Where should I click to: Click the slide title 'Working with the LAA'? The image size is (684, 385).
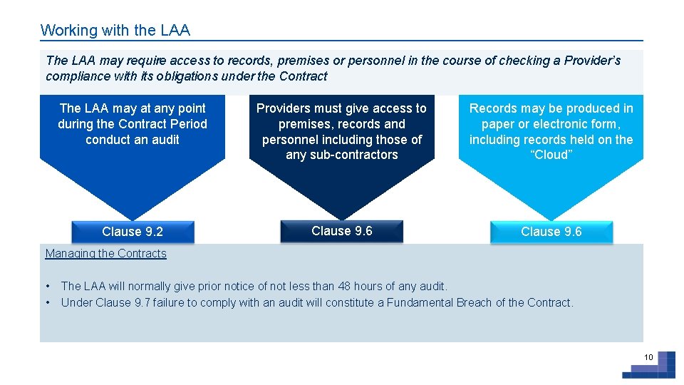click(x=115, y=31)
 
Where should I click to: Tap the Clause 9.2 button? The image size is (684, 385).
click(x=133, y=232)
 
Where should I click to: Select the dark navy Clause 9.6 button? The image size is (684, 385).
click(x=341, y=231)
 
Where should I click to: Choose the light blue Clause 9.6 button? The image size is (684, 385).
click(x=551, y=232)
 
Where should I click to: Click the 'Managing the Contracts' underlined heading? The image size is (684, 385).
click(x=105, y=254)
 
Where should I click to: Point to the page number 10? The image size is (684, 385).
click(x=648, y=357)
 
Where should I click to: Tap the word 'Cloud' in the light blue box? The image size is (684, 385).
click(x=551, y=155)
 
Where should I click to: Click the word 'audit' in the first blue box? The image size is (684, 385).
click(x=165, y=140)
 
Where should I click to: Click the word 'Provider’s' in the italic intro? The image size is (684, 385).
click(x=592, y=61)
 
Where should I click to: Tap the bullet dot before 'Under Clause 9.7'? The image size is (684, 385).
click(x=48, y=303)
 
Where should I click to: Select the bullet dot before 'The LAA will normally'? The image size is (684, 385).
click(x=48, y=287)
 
